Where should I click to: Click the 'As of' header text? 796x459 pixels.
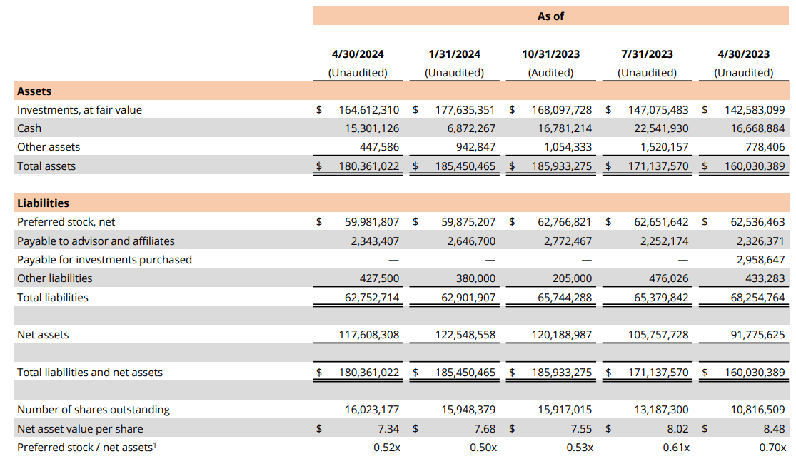coord(550,16)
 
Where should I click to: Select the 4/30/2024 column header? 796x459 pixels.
coord(358,54)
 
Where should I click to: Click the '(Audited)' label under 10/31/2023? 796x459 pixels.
coord(550,73)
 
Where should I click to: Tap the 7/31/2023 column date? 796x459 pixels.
coord(647,54)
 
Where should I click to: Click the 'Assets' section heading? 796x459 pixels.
coord(34,91)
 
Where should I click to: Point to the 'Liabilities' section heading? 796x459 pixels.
coord(43,203)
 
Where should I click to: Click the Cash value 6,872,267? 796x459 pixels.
coord(465,128)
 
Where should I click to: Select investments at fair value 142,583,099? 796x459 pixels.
coord(755,110)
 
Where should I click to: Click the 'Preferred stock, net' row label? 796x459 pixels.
coord(66,222)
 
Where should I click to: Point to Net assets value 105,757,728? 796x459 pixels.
coord(653,335)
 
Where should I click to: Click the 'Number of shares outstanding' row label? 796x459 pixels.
coord(94,410)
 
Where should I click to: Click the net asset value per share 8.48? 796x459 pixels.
coord(773,429)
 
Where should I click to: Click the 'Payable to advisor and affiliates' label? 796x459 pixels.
coord(96,241)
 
